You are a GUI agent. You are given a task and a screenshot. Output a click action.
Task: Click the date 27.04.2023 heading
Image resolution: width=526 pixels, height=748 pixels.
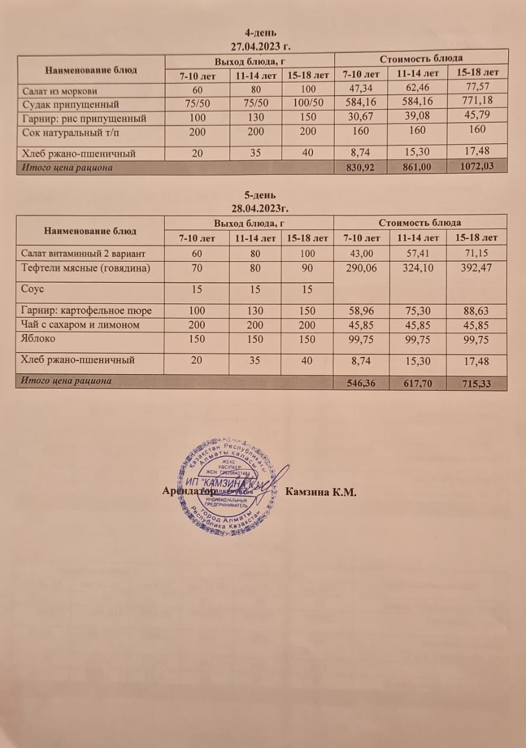(262, 44)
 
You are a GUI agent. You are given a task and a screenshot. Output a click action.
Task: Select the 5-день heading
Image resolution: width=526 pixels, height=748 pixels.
(260, 195)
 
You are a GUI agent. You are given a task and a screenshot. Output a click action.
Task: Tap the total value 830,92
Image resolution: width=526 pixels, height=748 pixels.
(360, 167)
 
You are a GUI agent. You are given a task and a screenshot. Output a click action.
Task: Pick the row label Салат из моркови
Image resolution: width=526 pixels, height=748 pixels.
(60, 91)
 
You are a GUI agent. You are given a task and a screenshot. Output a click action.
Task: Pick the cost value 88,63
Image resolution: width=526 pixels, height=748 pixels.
(476, 311)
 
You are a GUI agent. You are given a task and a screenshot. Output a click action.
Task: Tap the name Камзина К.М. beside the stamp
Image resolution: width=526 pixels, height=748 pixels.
(321, 491)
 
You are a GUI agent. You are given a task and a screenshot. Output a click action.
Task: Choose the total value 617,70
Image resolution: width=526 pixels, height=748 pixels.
(418, 384)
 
